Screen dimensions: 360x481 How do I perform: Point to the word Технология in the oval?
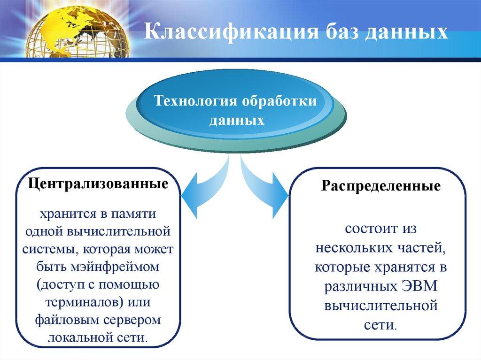pyautogui.click(x=194, y=101)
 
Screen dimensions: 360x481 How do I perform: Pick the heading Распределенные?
pyautogui.click(x=381, y=186)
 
